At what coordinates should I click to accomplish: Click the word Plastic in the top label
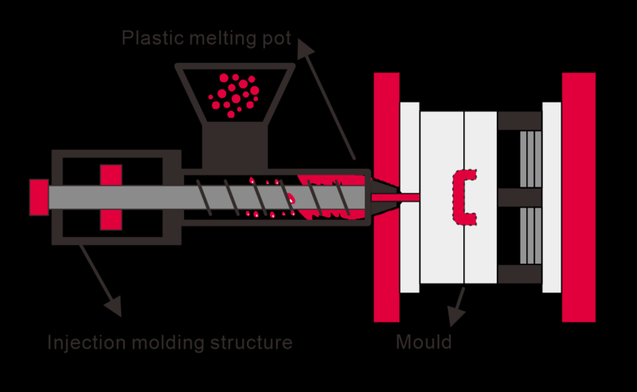(146, 38)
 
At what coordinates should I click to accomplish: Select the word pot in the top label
(274, 38)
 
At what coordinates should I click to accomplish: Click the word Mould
(424, 343)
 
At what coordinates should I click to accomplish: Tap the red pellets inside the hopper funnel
(233, 92)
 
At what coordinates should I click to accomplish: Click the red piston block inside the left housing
(111, 197)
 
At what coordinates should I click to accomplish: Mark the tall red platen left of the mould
(386, 197)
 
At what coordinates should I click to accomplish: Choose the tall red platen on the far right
(578, 197)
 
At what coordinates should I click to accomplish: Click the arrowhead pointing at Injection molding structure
(114, 305)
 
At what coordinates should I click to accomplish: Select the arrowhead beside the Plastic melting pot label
(305, 49)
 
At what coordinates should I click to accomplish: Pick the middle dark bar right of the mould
(519, 197)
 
